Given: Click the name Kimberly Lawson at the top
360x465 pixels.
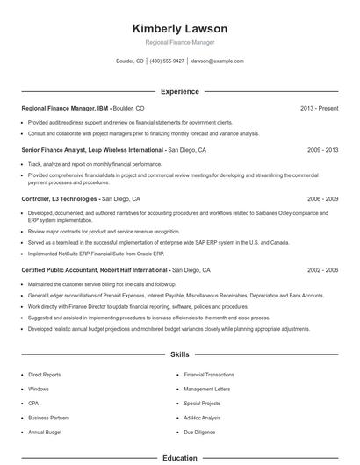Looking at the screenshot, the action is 179,27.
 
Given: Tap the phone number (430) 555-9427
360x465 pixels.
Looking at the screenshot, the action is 168,61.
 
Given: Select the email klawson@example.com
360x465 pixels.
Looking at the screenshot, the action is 217,61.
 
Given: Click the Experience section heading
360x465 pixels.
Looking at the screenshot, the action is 179,90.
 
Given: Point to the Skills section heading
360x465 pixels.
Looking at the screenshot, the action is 179,354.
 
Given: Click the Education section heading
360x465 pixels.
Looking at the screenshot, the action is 179,458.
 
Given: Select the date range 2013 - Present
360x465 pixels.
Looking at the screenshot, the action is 319,109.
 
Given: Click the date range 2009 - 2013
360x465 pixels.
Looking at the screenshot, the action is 322,150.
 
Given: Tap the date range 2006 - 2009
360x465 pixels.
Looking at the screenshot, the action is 322,199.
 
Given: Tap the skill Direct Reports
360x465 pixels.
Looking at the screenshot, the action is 46,374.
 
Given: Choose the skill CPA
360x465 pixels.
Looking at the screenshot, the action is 34,404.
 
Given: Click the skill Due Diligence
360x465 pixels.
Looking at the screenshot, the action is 200,433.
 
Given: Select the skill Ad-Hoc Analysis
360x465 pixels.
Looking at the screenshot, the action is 203,418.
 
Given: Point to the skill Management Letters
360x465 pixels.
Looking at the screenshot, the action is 207,389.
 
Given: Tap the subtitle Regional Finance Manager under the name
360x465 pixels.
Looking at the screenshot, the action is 179,42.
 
